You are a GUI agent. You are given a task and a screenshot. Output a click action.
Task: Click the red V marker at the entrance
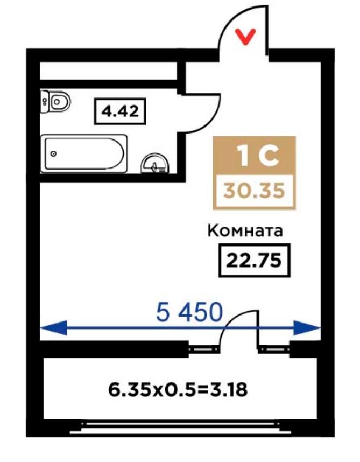point(245,37)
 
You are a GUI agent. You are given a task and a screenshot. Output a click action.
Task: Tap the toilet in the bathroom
point(56,102)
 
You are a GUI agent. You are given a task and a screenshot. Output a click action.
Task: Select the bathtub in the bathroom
point(83,153)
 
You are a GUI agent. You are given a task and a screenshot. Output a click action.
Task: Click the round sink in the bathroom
point(155,164)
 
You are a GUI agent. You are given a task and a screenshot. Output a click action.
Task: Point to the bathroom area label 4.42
point(120,111)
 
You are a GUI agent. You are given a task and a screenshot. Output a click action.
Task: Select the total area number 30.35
point(254,191)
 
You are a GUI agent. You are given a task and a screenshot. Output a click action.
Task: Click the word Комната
point(245,231)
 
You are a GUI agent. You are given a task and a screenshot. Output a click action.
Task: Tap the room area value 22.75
point(254,261)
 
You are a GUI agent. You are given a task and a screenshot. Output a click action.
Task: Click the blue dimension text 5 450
point(189,312)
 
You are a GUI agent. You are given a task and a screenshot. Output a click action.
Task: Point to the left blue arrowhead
point(54,327)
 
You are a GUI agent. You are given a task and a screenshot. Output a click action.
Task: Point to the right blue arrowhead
point(307,327)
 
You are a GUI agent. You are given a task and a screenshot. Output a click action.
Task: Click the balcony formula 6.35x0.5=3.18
point(178,390)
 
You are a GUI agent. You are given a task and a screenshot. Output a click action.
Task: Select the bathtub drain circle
point(53,153)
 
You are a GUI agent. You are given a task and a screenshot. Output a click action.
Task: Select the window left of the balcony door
point(204,349)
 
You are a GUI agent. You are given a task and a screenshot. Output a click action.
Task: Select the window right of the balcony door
point(274,349)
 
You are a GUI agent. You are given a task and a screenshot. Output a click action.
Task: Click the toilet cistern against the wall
point(44,102)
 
